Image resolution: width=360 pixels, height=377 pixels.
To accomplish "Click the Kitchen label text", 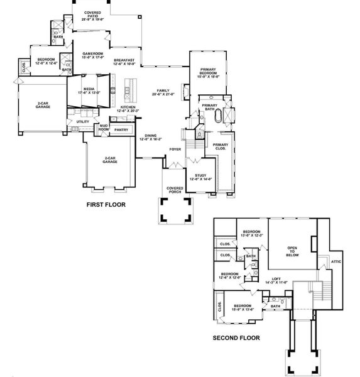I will point(128,109).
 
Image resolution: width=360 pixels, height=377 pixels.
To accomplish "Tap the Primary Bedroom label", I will point(209,74).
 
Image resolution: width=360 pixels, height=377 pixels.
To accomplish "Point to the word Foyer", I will point(175,150).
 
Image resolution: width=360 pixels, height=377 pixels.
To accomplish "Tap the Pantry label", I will point(121,130).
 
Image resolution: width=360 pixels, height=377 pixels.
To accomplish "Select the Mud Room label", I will point(103,128).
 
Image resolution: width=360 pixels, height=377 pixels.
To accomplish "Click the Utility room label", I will point(83,121).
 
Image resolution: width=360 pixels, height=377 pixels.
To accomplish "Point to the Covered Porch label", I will point(175,190).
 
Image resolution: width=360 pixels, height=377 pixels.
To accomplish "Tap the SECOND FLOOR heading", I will point(236,337).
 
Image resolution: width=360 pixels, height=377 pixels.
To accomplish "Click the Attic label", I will point(336,261).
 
